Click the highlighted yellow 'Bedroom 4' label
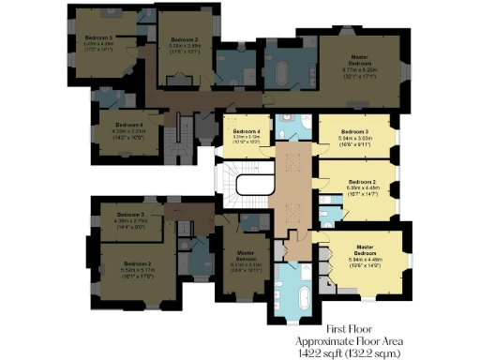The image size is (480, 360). click(x=245, y=131)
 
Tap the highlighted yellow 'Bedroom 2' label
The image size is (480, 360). click(x=361, y=181)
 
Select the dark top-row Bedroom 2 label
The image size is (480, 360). click(x=184, y=40)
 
